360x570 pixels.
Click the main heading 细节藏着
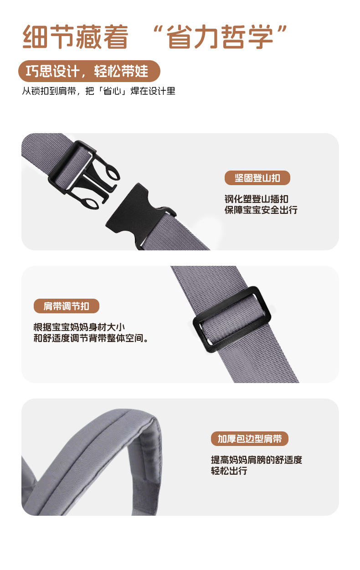pyautogui.click(x=76, y=37)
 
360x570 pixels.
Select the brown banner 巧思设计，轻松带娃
pyautogui.click(x=89, y=72)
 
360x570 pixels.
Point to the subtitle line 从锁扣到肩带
pyautogui.click(x=98, y=91)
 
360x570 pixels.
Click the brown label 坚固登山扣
pyautogui.click(x=257, y=178)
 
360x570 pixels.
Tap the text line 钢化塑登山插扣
pyautogui.click(x=256, y=199)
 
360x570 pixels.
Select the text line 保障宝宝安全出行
pyautogui.click(x=261, y=210)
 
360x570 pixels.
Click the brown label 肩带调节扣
pyautogui.click(x=67, y=306)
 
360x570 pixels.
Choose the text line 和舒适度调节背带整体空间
pyautogui.click(x=91, y=338)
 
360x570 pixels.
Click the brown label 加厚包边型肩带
pyautogui.click(x=250, y=439)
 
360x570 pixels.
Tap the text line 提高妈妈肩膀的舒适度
pyautogui.click(x=256, y=460)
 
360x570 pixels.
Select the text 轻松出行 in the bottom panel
pyautogui.click(x=229, y=471)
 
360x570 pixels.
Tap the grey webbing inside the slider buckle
pyautogui.click(x=232, y=319)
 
